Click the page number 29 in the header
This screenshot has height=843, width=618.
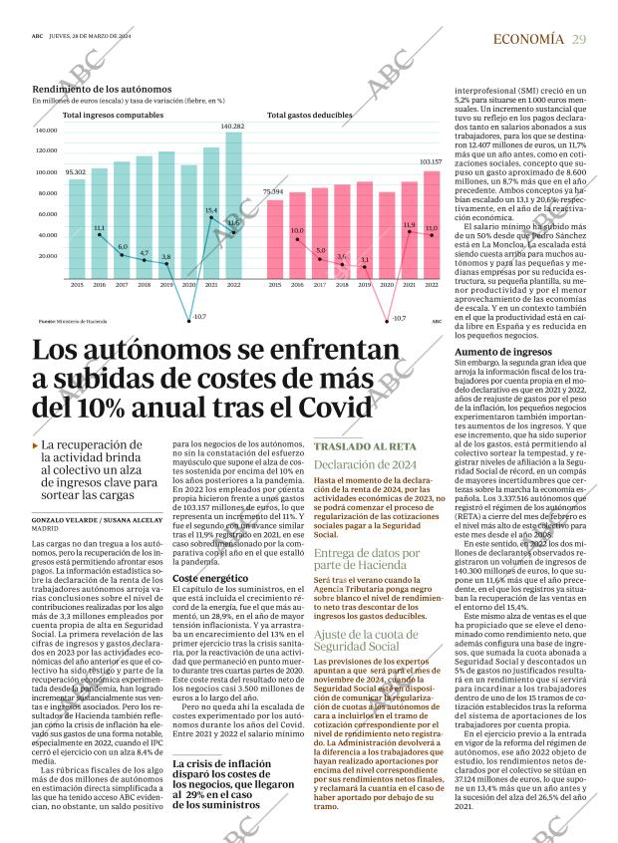[x=579, y=39]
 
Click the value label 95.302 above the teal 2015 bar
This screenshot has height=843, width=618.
[x=76, y=172]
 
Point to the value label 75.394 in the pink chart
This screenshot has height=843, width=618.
[x=273, y=190]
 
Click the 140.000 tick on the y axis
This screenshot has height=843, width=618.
[x=46, y=131]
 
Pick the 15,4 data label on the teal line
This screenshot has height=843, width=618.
[x=210, y=210]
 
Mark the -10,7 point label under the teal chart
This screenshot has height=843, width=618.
[x=197, y=317]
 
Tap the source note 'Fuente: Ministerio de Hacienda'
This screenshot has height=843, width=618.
[x=72, y=322]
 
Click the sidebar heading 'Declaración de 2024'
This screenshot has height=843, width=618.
[x=364, y=464]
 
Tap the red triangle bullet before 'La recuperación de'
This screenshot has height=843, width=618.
[x=36, y=445]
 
